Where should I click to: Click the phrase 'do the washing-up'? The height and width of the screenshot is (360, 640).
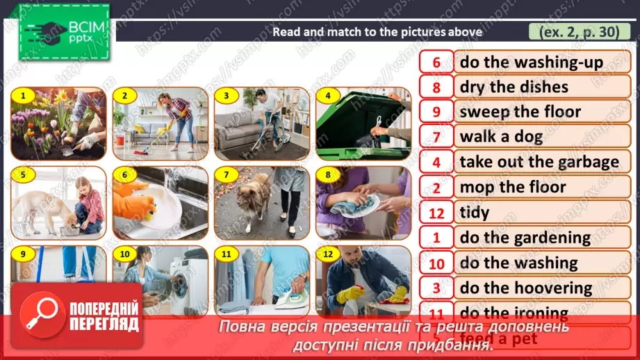click(532, 62)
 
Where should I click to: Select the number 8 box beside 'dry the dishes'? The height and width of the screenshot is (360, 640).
click(436, 87)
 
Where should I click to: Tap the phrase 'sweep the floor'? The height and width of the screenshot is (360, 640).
click(520, 112)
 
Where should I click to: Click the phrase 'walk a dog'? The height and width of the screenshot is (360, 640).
click(501, 137)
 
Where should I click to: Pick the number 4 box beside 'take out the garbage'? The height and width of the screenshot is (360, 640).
click(436, 162)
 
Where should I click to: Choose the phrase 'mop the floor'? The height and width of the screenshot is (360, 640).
click(513, 187)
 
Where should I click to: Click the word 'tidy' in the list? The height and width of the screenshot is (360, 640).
click(475, 212)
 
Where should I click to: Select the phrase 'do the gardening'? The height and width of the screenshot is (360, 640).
click(525, 238)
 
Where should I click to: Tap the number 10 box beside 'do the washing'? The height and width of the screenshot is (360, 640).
click(436, 263)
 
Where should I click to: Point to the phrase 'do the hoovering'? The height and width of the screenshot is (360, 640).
click(526, 288)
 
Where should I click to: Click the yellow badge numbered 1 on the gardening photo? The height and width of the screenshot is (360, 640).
click(23, 95)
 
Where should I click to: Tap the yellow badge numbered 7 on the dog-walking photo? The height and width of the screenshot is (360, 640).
click(226, 174)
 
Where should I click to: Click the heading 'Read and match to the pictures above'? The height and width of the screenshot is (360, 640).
click(377, 31)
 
